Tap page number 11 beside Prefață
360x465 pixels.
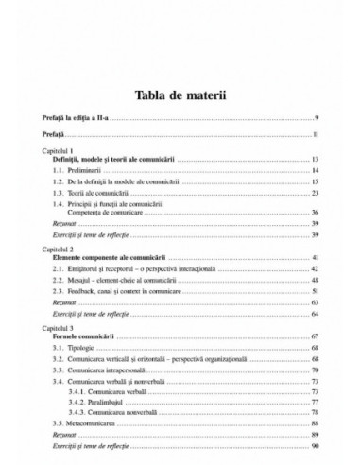pyautogui.click(x=314, y=136)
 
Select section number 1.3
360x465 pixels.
pyautogui.click(x=61, y=193)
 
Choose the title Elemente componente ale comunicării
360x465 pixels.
pyautogui.click(x=117, y=256)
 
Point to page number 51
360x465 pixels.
pyautogui.click(x=314, y=293)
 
